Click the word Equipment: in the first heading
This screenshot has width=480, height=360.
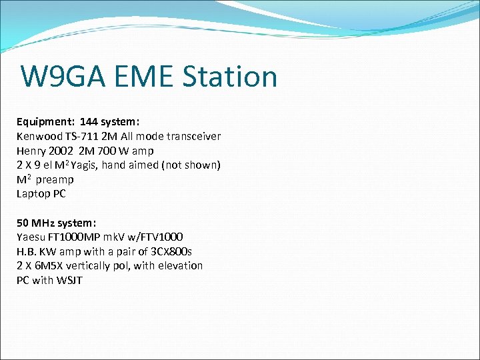click(x=45, y=122)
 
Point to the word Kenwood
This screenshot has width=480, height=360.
click(x=38, y=136)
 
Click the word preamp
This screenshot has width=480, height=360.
click(x=55, y=179)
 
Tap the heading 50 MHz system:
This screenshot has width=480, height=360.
click(x=57, y=223)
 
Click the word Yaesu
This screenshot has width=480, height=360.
click(x=31, y=237)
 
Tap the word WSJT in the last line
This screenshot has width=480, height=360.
click(x=68, y=280)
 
